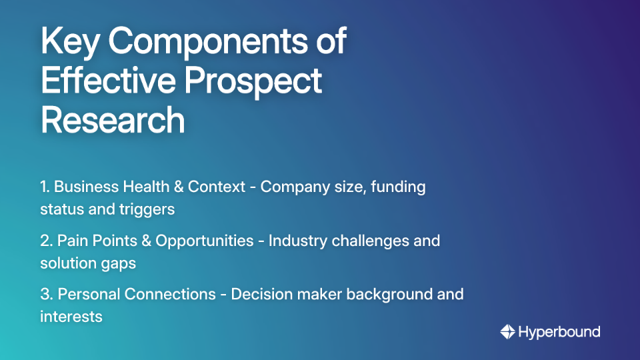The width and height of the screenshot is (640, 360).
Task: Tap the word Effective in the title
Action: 107,81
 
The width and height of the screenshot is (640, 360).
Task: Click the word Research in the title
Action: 113,120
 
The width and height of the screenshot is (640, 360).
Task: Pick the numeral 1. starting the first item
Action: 45,187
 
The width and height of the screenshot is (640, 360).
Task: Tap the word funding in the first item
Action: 398,187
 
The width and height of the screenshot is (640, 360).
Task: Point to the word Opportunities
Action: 205,241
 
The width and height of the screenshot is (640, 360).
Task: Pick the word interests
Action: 71,316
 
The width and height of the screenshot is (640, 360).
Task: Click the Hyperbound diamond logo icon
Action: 507,331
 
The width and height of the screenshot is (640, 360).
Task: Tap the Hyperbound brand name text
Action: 559,331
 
